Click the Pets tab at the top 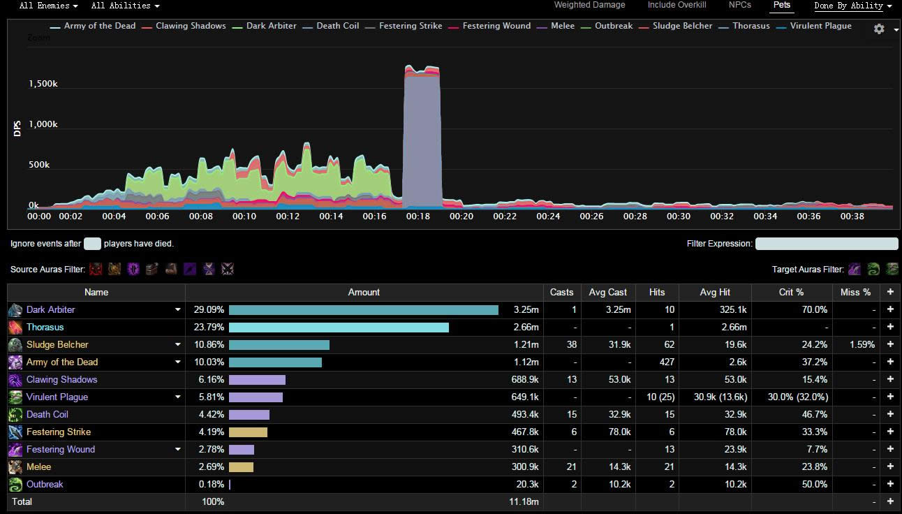(x=782, y=5)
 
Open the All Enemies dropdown (x=48, y=6)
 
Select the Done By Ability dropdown (x=852, y=6)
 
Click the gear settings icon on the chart (x=879, y=29)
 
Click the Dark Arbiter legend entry (x=271, y=26)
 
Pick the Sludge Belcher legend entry (x=682, y=26)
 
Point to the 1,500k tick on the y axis (x=43, y=84)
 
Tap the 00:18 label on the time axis (x=417, y=216)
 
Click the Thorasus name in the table (x=45, y=327)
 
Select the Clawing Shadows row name (x=61, y=379)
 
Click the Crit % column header (x=791, y=292)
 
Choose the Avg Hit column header (x=714, y=292)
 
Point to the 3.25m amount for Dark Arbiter (x=526, y=309)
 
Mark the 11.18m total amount (x=524, y=501)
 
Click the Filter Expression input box (x=827, y=244)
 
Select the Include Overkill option (x=676, y=5)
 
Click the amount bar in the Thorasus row (x=339, y=327)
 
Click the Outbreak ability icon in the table (x=15, y=484)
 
